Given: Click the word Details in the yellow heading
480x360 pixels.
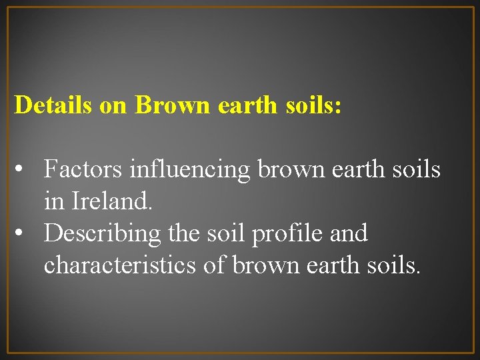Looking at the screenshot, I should [x=53, y=105].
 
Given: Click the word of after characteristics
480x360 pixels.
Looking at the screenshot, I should [x=215, y=265].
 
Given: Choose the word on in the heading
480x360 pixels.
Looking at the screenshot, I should [x=113, y=105].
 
